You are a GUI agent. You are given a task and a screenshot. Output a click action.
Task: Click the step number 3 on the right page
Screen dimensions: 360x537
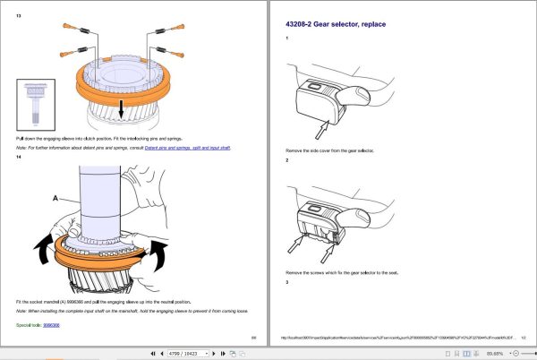[x=287, y=283]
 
